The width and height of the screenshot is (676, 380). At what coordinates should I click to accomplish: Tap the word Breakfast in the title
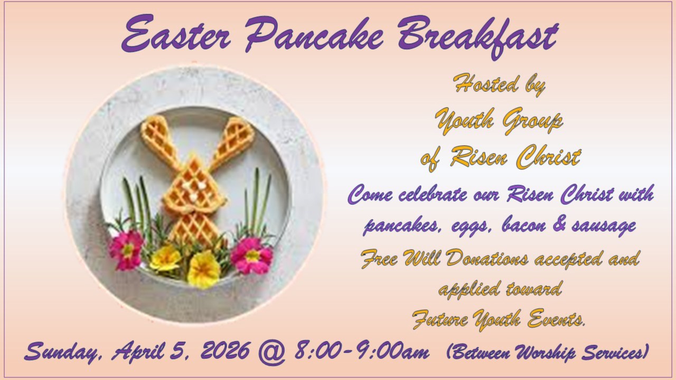point(478,36)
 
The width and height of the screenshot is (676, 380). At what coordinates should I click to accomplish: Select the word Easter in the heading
point(176,33)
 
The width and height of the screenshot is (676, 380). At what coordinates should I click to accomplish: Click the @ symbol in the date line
point(272,352)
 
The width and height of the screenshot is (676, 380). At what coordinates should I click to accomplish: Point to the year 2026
point(226,350)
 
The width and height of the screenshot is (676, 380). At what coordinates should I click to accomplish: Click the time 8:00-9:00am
point(362,350)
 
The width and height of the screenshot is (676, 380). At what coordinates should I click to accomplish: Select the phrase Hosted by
point(499,84)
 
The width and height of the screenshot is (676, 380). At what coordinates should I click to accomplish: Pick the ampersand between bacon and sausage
point(559,225)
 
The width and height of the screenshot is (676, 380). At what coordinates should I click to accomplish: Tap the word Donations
point(487,258)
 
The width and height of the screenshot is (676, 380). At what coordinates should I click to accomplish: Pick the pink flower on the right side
point(252,255)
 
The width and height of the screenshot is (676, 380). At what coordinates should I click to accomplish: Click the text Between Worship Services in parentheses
point(548,351)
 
